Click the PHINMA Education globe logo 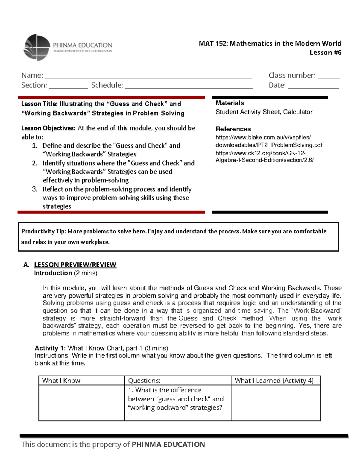point(36,48)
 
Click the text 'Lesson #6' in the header point(325,53)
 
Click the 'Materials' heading point(230,103)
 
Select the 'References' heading point(233,129)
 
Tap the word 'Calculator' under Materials point(298,112)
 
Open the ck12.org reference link point(264,156)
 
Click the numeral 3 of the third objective point(35,189)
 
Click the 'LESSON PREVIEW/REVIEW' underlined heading point(75,265)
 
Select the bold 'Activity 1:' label point(50,348)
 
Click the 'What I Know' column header point(61,381)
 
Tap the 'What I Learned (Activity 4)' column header point(274,381)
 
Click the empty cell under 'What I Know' point(82,403)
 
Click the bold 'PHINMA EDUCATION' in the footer point(168,445)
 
